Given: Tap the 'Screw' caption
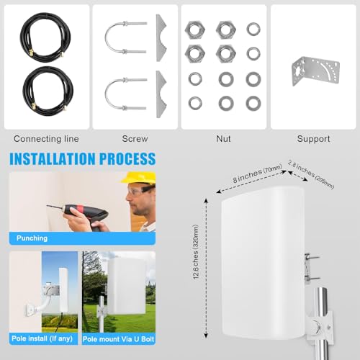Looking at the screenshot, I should point(135,138).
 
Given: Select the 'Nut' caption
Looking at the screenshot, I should point(224,138).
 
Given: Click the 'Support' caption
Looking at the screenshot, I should point(314,138).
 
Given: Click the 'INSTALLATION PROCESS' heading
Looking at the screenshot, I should point(81,158).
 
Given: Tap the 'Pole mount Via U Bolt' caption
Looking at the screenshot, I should point(119,337).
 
